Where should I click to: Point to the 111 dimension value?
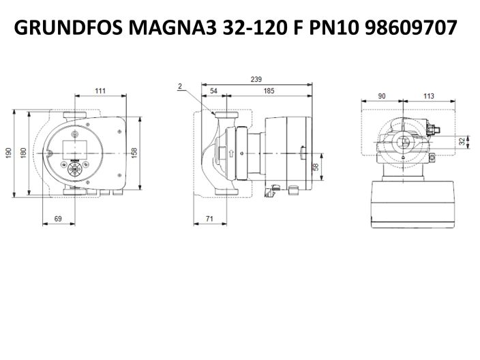tap(100, 91)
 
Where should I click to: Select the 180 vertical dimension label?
tap(22, 153)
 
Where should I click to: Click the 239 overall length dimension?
tap(256, 79)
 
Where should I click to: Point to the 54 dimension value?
tap(213, 91)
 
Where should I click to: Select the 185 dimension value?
tap(269, 91)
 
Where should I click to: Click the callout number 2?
tap(179, 86)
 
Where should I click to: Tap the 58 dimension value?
tap(316, 167)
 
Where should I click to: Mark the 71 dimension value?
tap(211, 218)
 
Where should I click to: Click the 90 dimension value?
tap(382, 97)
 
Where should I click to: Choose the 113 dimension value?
tap(428, 97)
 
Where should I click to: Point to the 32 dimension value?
tap(462, 141)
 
